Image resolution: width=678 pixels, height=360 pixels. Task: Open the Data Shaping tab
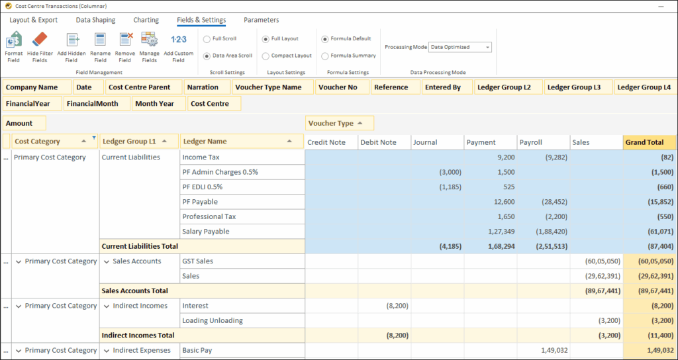95,20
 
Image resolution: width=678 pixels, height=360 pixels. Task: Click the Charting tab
146,20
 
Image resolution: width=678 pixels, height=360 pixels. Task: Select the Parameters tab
261,20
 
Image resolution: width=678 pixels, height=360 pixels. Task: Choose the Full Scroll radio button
207,39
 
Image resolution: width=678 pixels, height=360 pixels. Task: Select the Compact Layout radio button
266,56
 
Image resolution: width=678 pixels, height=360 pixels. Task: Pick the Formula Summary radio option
325,56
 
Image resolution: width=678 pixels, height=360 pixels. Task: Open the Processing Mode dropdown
460,47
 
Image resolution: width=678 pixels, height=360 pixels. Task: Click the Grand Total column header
650,142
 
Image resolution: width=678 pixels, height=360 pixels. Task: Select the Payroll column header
542,142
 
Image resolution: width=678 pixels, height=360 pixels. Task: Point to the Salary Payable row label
206,232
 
